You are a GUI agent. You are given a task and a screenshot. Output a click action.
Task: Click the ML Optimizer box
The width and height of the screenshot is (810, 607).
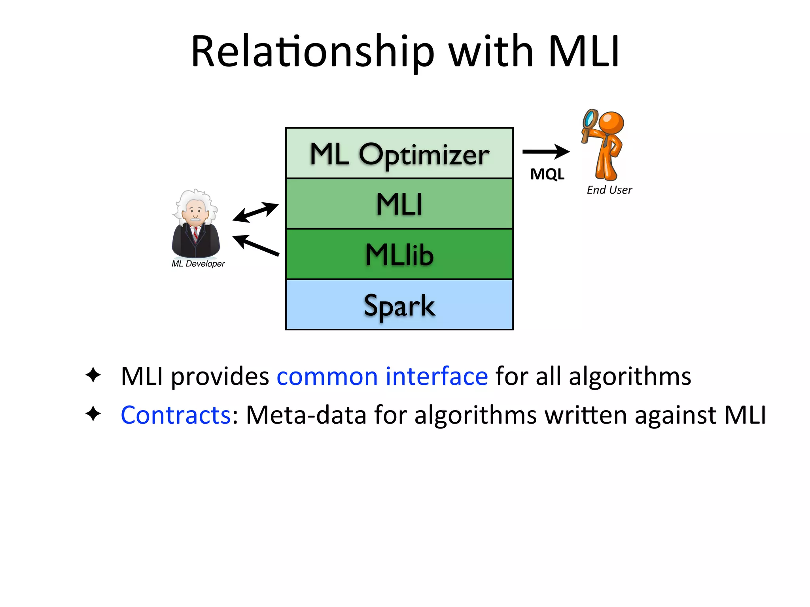(x=399, y=153)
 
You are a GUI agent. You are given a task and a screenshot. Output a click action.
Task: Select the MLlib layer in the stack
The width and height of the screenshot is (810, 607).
(x=399, y=254)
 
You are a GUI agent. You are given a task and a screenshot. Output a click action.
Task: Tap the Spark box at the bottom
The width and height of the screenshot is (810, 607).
(x=399, y=305)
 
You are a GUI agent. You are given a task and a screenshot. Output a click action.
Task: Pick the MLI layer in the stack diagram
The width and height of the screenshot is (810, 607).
(x=399, y=204)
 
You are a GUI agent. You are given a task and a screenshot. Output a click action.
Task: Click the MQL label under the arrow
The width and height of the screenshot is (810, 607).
(x=547, y=174)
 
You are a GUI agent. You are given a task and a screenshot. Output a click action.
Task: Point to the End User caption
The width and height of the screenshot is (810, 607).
(x=609, y=190)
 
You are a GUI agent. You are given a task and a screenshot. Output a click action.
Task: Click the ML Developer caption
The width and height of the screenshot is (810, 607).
(x=198, y=264)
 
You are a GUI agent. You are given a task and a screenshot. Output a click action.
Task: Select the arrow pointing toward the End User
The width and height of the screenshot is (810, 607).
(x=546, y=151)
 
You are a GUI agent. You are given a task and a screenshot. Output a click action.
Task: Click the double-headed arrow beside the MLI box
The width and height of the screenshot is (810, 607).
(x=255, y=212)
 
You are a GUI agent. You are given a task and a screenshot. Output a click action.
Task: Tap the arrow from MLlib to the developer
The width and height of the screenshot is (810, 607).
(x=256, y=245)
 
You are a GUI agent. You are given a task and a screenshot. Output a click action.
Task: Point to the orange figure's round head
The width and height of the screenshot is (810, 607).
(x=611, y=123)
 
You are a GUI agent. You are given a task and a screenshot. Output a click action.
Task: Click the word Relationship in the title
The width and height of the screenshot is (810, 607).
(x=312, y=51)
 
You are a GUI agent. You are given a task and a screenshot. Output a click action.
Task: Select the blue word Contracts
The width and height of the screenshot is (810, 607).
(x=176, y=415)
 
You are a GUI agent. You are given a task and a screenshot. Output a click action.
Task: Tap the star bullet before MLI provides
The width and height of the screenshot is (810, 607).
(x=93, y=375)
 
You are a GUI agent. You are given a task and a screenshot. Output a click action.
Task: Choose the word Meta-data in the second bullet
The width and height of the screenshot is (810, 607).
(x=306, y=415)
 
